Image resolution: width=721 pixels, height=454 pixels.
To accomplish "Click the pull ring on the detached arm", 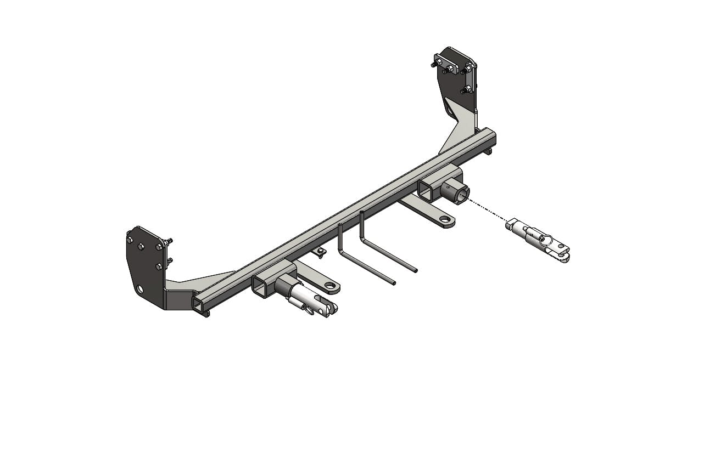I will pyautogui.click(x=546, y=240).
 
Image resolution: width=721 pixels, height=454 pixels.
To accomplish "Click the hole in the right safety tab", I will pyautogui.click(x=448, y=221).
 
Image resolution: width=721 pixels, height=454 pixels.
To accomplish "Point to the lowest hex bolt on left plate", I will pyautogui.click(x=159, y=266).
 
